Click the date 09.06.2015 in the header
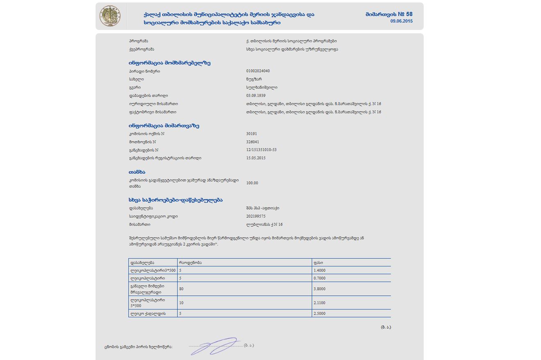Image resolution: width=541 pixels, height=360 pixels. click(402, 21)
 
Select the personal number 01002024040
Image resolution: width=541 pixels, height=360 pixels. click(258, 71)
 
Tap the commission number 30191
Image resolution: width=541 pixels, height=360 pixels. click(252, 134)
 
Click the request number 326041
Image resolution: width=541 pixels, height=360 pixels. click(253, 142)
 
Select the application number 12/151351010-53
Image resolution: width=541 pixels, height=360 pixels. click(261, 150)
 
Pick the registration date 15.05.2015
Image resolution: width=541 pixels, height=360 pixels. click(256, 158)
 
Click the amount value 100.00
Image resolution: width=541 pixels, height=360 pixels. click(252, 183)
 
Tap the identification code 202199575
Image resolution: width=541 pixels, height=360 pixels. click(256, 216)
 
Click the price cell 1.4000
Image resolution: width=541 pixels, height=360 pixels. click(320, 271)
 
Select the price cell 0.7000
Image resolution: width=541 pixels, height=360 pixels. click(320, 278)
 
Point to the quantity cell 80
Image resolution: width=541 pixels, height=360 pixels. click(182, 289)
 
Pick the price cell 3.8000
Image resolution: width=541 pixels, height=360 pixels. click(320, 289)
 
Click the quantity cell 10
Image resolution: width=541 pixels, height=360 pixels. click(182, 303)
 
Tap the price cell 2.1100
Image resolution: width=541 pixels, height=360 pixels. click(320, 303)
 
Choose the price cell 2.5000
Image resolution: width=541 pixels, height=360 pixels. click(320, 314)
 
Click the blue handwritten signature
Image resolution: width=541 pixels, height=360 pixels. click(215, 346)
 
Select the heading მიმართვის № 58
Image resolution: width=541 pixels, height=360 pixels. click(389, 14)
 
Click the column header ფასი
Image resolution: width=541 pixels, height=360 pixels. click(318, 262)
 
